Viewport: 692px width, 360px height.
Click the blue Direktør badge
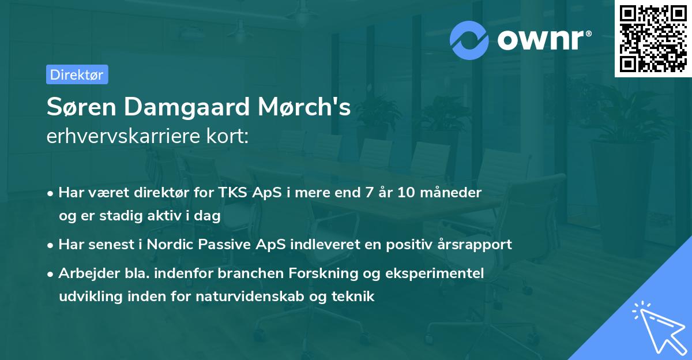(x=77, y=74)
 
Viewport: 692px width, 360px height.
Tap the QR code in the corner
(x=653, y=39)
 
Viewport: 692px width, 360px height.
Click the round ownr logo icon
(x=469, y=40)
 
